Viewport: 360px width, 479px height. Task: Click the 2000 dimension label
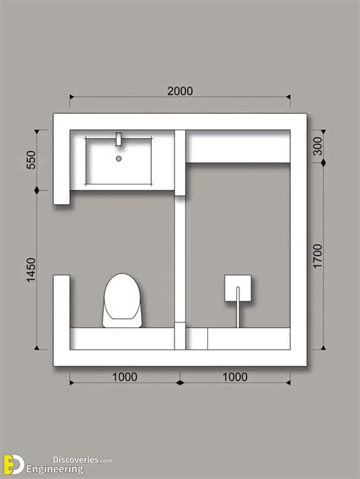180,91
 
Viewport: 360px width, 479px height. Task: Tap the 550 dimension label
31,159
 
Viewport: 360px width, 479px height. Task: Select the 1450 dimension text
31,269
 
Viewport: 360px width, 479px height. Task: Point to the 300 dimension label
317,146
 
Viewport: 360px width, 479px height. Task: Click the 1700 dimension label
317,256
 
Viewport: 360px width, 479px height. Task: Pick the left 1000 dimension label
125,377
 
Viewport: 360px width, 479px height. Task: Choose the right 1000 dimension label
235,377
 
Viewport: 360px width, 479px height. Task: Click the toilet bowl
122,301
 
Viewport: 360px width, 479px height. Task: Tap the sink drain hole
119,158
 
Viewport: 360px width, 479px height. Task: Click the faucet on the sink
119,139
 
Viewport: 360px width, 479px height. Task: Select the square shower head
238,288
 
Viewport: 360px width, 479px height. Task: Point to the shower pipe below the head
238,307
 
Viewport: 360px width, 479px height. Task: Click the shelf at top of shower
238,147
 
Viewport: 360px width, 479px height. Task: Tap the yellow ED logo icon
14,465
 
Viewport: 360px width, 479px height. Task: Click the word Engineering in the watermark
55,469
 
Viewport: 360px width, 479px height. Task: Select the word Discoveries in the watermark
75,459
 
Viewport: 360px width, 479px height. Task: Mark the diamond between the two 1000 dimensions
180,383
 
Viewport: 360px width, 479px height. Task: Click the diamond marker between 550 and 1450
37,191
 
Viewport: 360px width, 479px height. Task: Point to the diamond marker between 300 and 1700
324,162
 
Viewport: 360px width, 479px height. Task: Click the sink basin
119,161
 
